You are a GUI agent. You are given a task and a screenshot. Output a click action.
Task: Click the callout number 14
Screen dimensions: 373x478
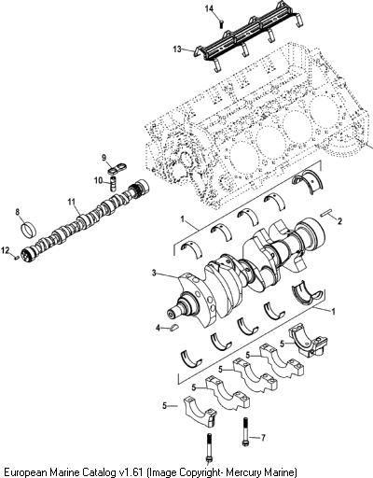click(x=210, y=8)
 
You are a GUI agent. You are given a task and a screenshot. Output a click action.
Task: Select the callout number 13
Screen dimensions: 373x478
click(x=177, y=49)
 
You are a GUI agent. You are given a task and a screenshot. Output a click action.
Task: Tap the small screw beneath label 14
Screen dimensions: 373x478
click(x=221, y=24)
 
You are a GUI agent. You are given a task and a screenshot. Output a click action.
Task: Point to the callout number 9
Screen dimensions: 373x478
click(x=104, y=158)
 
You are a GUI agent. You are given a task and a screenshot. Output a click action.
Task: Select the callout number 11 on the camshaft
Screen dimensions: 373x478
click(x=72, y=203)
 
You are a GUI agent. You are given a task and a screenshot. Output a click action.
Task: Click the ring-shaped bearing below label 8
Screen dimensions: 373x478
click(x=28, y=230)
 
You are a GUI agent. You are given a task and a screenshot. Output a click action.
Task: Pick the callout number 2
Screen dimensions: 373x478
click(x=339, y=221)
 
